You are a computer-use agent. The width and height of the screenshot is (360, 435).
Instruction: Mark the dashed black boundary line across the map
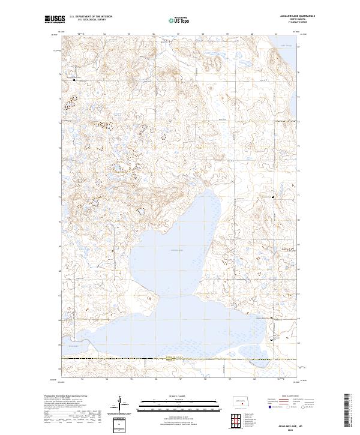[180, 359]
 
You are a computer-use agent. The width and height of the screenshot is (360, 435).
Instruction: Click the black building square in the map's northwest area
[74, 79]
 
